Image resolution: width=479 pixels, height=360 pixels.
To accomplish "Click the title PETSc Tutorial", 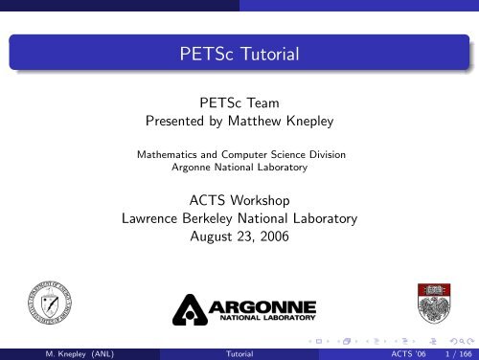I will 239,55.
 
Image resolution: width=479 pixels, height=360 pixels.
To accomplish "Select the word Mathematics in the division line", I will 171,153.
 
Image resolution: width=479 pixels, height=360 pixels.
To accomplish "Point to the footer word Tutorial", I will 239,352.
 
